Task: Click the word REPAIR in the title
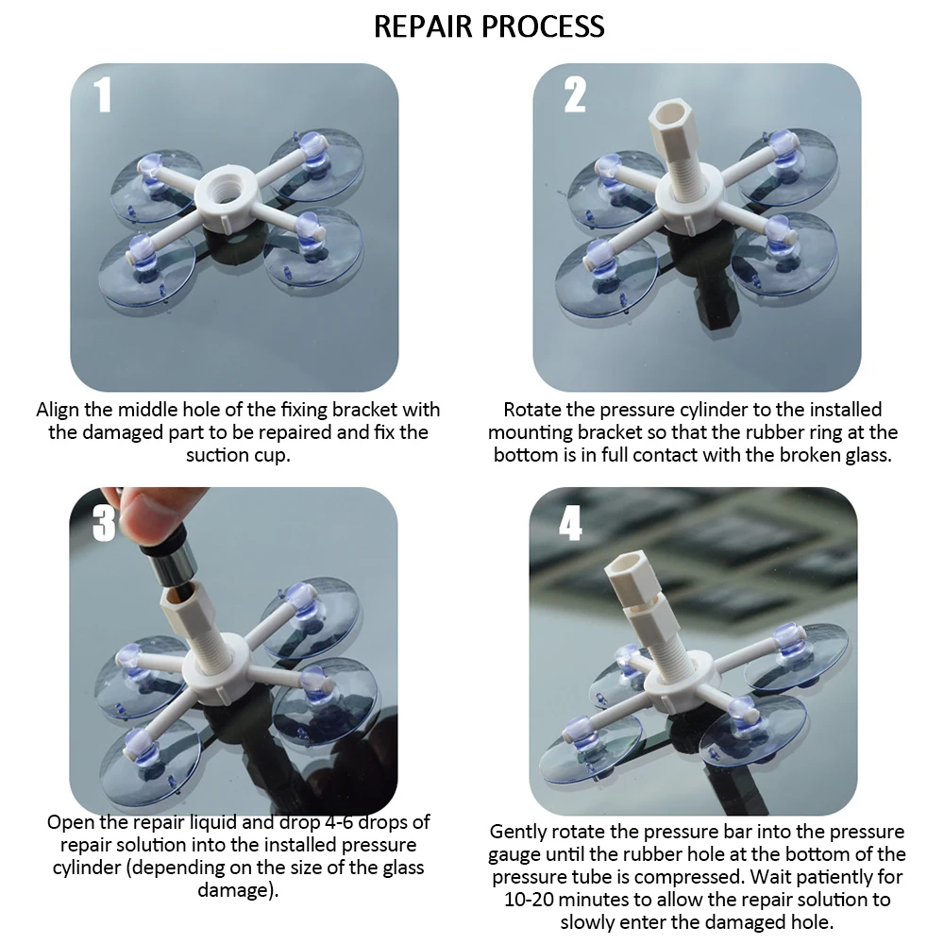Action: pyautogui.click(x=422, y=26)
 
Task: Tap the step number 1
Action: pyautogui.click(x=103, y=95)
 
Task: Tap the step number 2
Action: pyautogui.click(x=574, y=95)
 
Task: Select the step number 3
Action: pyautogui.click(x=104, y=522)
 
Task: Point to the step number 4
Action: pyautogui.click(x=570, y=523)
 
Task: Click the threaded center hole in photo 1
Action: pyautogui.click(x=228, y=183)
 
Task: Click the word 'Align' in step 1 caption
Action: pyautogui.click(x=59, y=410)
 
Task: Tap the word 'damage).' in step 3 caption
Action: pyautogui.click(x=239, y=890)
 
